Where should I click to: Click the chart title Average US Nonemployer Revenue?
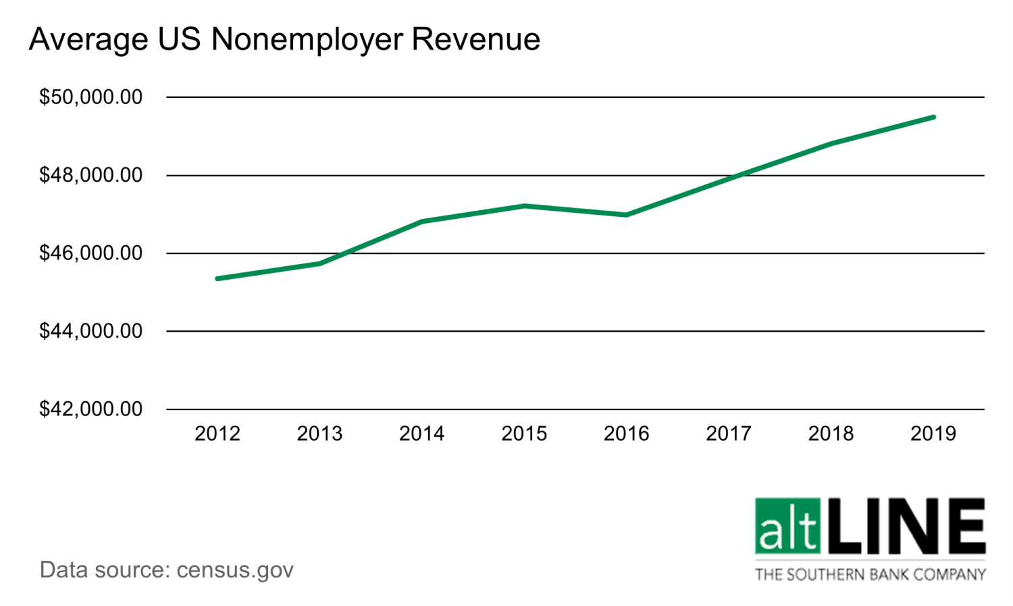pyautogui.click(x=284, y=39)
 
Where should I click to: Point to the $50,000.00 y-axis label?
pyautogui.click(x=91, y=97)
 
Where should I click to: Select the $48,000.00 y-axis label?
pyautogui.click(x=91, y=175)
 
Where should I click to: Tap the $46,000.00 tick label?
pyautogui.click(x=91, y=253)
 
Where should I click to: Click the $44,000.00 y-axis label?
pyautogui.click(x=91, y=331)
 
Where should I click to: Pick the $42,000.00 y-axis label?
pyautogui.click(x=91, y=409)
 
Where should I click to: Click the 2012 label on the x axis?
pyautogui.click(x=217, y=434)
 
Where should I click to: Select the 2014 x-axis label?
pyautogui.click(x=422, y=434)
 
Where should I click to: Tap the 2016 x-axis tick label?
pyautogui.click(x=627, y=434)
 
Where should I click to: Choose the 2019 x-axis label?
pyautogui.click(x=933, y=434)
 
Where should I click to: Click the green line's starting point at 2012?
pyautogui.click(x=217, y=278)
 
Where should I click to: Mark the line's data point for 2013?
pyautogui.click(x=320, y=263)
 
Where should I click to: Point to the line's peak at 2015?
pyautogui.click(x=525, y=205)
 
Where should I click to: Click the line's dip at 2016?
pyautogui.click(x=627, y=215)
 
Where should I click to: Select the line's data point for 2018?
pyautogui.click(x=831, y=143)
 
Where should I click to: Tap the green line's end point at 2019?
pyautogui.click(x=933, y=117)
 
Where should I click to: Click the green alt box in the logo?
pyautogui.click(x=788, y=526)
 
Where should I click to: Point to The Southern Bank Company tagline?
pyautogui.click(x=871, y=575)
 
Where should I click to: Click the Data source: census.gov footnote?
pyautogui.click(x=167, y=570)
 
